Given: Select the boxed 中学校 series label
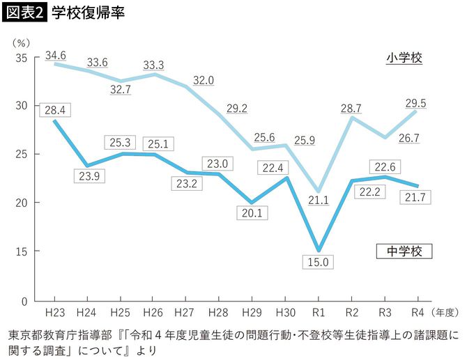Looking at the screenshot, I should [x=404, y=250].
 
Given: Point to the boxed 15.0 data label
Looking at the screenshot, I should [x=319, y=263].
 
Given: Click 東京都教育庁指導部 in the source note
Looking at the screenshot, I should [x=56, y=334].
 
